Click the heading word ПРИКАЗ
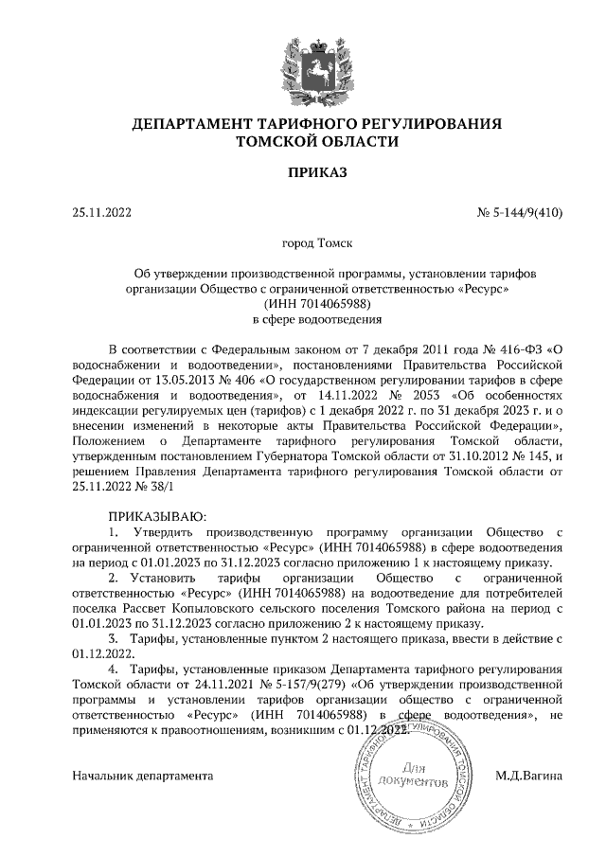[x=304, y=172]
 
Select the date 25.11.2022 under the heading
[x=101, y=212]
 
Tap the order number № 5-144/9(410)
[x=520, y=212]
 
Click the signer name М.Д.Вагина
[x=529, y=776]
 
